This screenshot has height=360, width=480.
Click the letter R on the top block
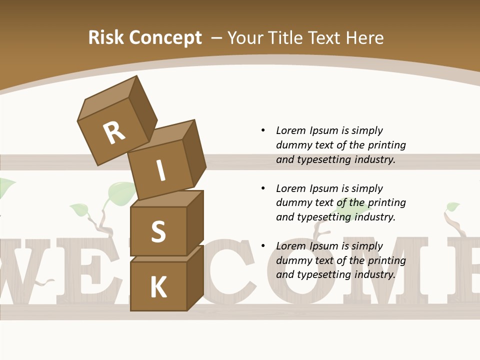114,133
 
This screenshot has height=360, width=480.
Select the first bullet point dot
263,130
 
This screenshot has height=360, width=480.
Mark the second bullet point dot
263,188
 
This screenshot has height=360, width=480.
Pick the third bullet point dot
263,246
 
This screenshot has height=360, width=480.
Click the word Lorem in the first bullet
290,130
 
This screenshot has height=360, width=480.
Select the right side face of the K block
195,277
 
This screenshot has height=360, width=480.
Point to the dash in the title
217,38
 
